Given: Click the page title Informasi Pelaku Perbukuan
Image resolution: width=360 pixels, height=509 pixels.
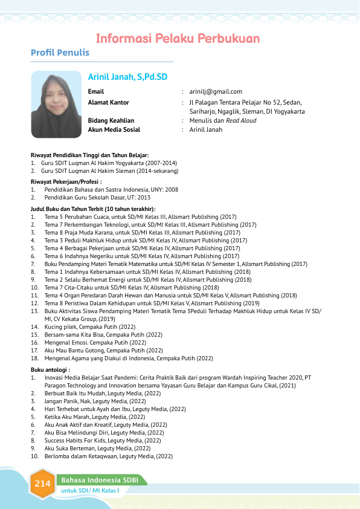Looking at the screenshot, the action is point(178,39).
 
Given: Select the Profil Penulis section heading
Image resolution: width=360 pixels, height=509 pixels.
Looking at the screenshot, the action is point(60,53).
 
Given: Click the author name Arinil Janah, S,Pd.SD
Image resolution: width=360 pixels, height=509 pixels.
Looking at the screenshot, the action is point(127,77).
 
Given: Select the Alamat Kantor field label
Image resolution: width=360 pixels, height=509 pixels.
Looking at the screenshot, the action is point(109,102).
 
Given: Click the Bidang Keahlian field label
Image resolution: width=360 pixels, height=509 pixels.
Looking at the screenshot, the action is point(111,120).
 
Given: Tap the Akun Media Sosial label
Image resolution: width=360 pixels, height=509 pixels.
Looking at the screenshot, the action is point(114,129).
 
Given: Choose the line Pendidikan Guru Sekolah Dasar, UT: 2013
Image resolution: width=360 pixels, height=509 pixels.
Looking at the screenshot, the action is point(97,198).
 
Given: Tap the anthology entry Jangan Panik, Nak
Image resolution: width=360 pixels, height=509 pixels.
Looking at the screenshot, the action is point(95,401).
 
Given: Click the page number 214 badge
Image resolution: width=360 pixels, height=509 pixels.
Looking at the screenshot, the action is point(42,484).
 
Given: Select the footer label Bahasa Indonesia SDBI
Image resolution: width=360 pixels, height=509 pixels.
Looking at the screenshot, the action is point(100,480).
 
